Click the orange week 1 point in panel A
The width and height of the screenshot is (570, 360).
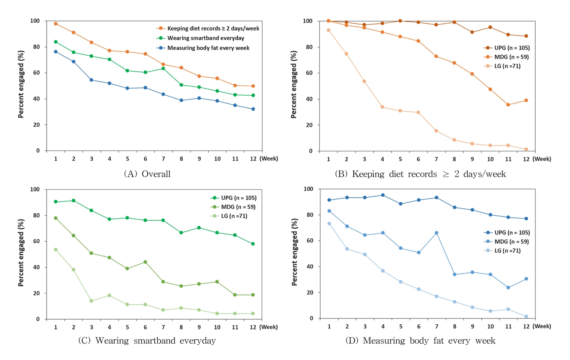pyautogui.click(x=56, y=24)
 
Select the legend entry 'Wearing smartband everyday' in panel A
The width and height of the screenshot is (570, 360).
pyautogui.click(x=205, y=38)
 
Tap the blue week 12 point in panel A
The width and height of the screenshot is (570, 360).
pyautogui.click(x=253, y=109)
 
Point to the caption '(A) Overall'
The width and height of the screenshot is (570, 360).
pyautogui.click(x=147, y=174)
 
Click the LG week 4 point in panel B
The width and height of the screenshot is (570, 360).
pyautogui.click(x=382, y=107)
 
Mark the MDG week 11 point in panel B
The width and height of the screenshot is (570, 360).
pyautogui.click(x=508, y=105)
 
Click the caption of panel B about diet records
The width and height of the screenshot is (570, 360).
pyautogui.click(x=420, y=174)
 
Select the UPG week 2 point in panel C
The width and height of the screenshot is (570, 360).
pyautogui.click(x=73, y=200)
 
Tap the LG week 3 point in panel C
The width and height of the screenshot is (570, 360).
pyautogui.click(x=91, y=301)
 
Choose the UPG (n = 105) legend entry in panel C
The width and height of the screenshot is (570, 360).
pyautogui.click(x=238, y=198)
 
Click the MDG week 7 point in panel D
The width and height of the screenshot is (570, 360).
pyautogui.click(x=436, y=233)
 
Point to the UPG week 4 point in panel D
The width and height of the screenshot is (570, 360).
pyautogui.click(x=383, y=195)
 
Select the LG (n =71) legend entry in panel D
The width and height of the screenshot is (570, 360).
pyautogui.click(x=507, y=251)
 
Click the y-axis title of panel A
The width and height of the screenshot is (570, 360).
pyautogui.click(x=21, y=84)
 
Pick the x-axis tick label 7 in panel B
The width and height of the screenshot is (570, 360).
pyautogui.click(x=436, y=159)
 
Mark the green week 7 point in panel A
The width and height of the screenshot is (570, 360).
pyautogui.click(x=163, y=69)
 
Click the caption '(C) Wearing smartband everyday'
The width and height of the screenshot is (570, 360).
pyautogui.click(x=147, y=340)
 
